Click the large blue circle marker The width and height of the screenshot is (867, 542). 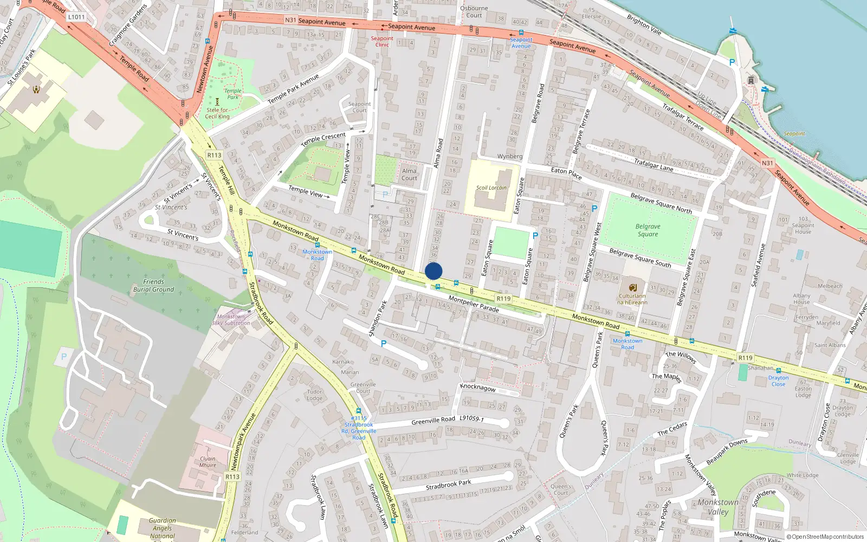pos(433,271)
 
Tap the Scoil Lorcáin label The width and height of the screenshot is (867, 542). pos(491,188)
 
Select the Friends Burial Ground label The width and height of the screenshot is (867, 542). pos(153,286)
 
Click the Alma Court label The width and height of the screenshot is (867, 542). pos(410,175)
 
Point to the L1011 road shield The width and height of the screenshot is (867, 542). pos(76,17)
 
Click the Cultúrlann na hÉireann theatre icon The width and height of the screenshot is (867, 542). pos(632,287)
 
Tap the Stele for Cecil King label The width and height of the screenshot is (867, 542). pos(217,113)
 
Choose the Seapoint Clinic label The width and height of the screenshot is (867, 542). pos(382,42)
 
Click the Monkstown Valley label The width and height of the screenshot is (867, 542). pos(718,507)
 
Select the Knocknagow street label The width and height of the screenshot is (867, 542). pos(478,387)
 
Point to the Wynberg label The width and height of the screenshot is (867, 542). pos(510,157)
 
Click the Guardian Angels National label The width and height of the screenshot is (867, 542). pos(163,528)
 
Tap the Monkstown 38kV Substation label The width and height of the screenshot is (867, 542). pos(231,320)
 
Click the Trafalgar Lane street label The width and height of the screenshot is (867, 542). pos(654,165)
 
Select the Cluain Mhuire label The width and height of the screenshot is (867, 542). pos(208,462)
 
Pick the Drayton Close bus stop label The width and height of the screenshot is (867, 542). pos(778,381)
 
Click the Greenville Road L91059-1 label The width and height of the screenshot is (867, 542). pos(448,420)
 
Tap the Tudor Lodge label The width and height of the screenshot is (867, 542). pos(314,395)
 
